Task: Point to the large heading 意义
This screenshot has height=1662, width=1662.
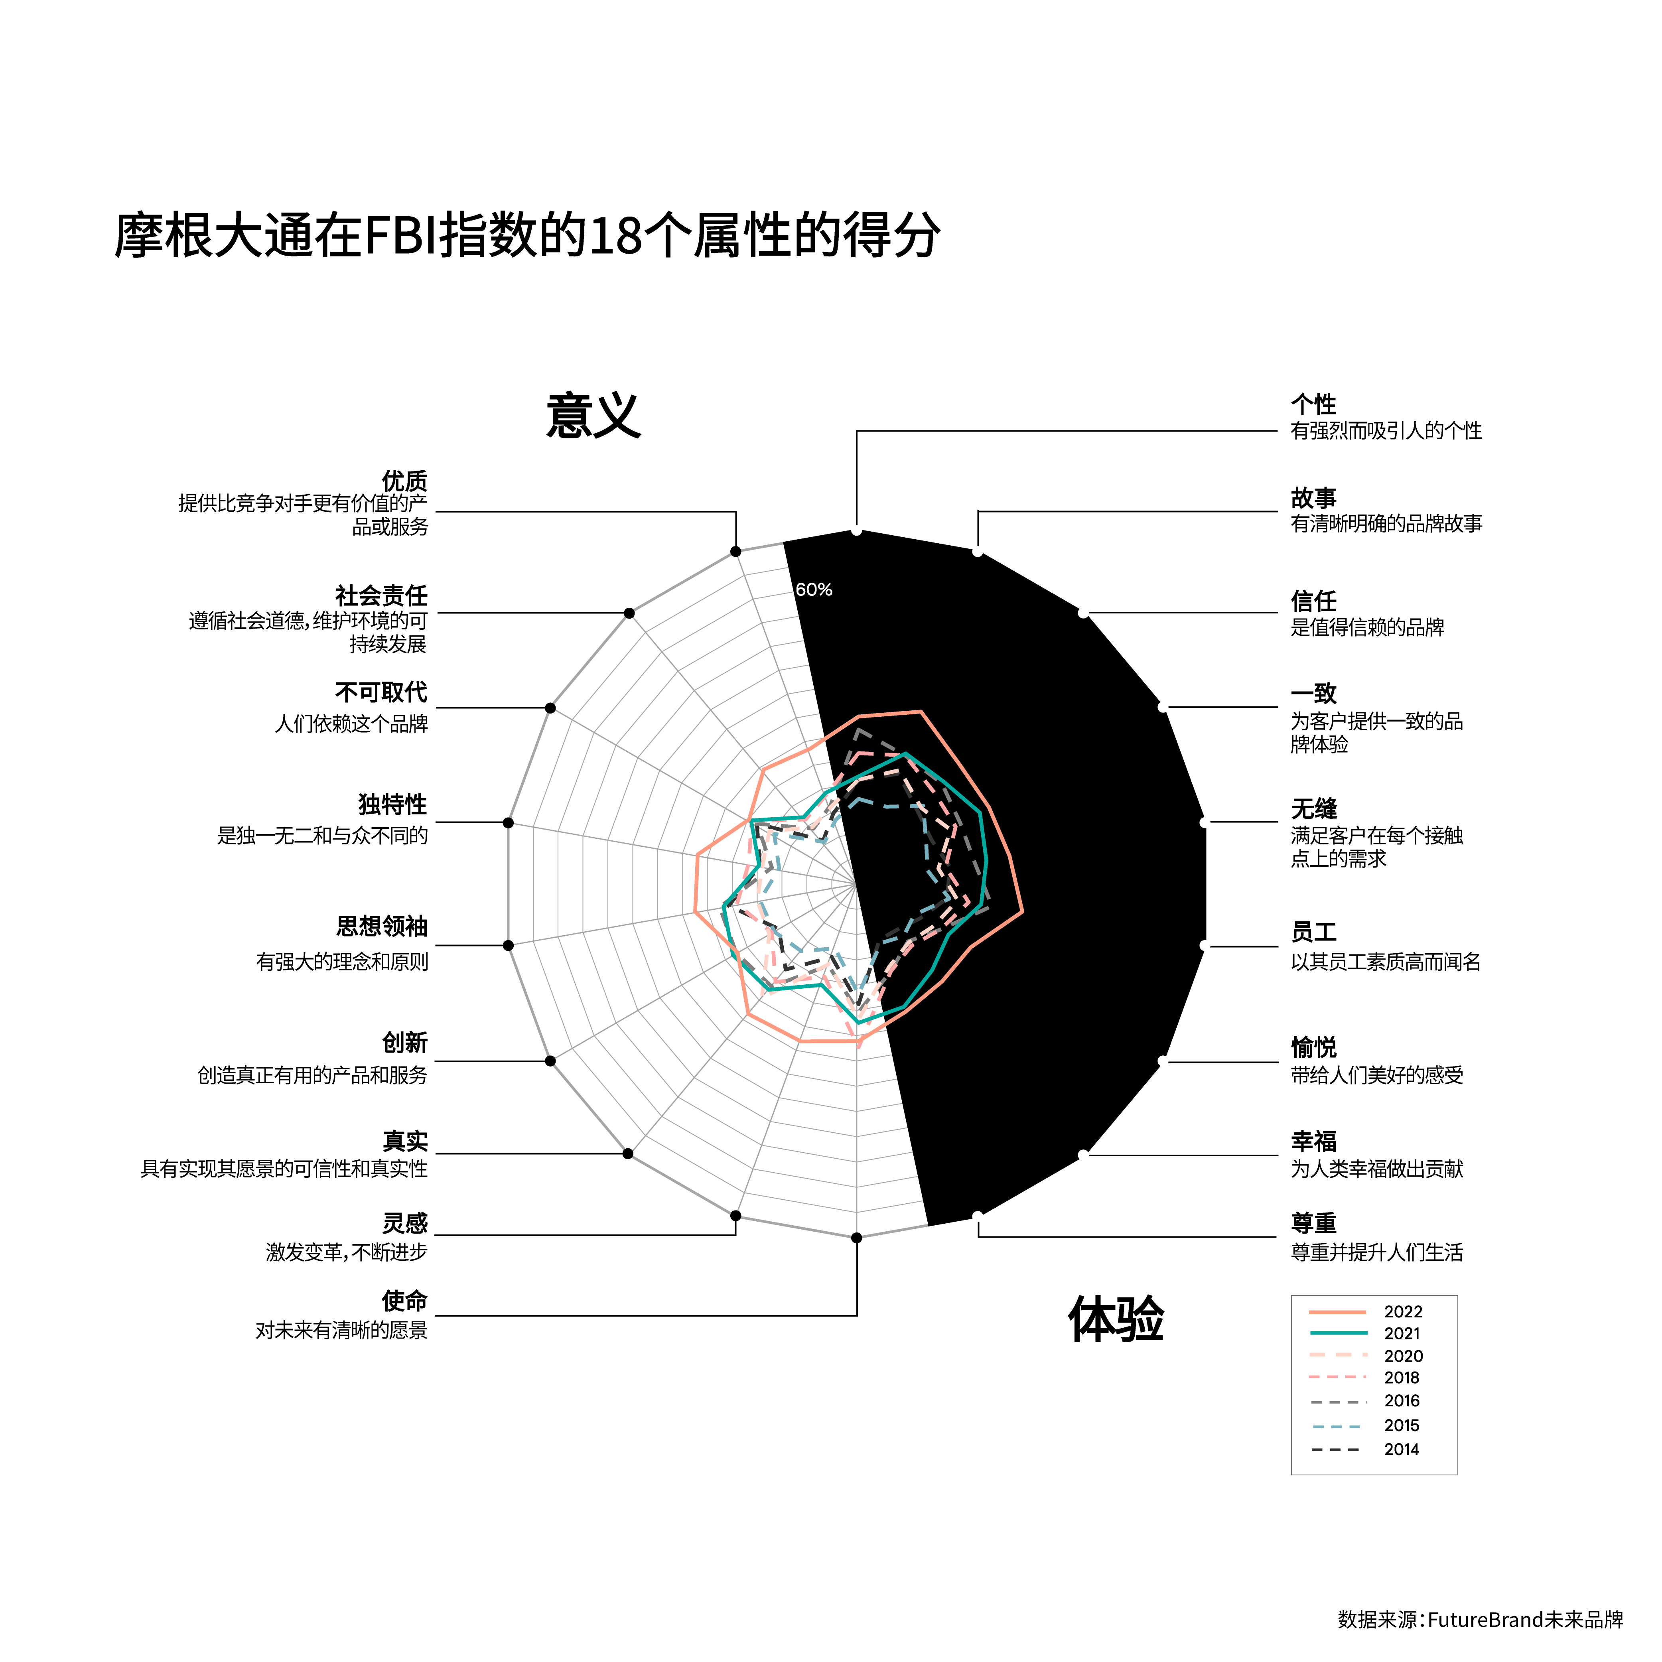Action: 593,416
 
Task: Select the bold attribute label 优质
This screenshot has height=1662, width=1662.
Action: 404,481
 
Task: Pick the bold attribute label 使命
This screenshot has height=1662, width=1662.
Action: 404,1301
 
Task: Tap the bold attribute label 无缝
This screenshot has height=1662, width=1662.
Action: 1313,808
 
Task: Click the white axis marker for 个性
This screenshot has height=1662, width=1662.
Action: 857,531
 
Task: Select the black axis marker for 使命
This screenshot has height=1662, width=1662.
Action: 857,1238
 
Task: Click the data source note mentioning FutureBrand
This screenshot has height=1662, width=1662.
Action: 1480,1620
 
